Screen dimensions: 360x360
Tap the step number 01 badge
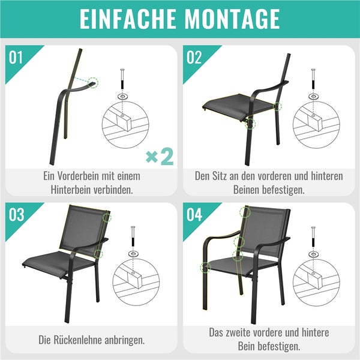coord(16,58)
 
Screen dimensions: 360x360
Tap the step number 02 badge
coord(194,58)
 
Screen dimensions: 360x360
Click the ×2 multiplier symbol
coord(160,157)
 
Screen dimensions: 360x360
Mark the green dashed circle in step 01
coord(92,83)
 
